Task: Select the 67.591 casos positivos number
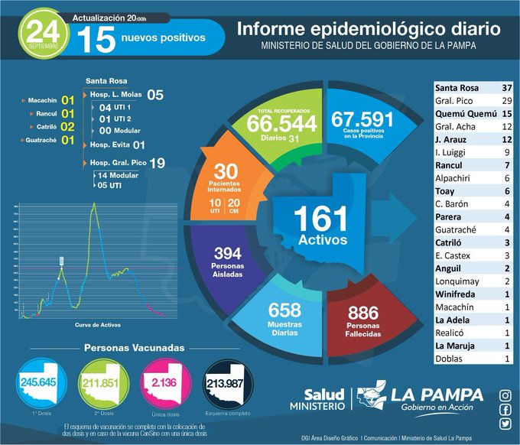click(x=362, y=119)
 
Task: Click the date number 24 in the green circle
click(x=39, y=28)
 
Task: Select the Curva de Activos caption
click(x=95, y=325)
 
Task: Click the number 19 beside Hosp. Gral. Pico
click(x=158, y=162)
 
